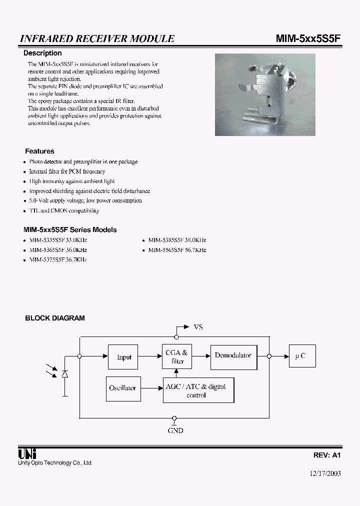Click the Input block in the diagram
tap(123, 357)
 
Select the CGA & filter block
tap(176, 356)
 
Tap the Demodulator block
tap(233, 356)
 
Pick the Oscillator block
tap(122, 388)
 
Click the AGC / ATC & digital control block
tap(198, 390)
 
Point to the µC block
tap(301, 356)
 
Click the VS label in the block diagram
tap(198, 327)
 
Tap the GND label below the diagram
tap(175, 430)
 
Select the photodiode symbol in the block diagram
tap(65, 374)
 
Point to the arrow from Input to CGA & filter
tap(149, 356)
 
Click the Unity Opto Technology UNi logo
tap(26, 453)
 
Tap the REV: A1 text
tap(326, 455)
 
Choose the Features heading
tap(39, 151)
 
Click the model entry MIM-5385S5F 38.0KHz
tap(177, 240)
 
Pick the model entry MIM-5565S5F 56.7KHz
tap(177, 250)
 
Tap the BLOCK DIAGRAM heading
tap(55, 317)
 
